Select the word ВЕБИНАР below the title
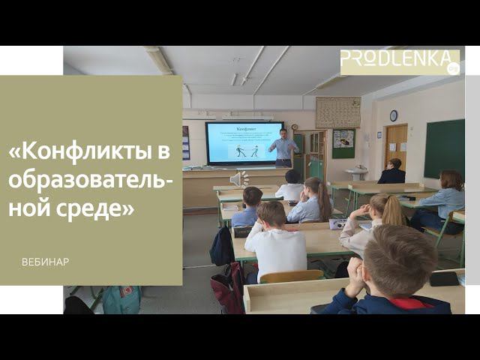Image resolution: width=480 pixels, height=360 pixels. (45, 262)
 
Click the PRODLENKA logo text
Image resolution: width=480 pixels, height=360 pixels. (394, 61)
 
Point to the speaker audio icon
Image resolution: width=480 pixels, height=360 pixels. (238, 178)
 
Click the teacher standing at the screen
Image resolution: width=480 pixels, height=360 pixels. (283, 148)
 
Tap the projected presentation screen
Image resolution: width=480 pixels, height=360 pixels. (244, 142)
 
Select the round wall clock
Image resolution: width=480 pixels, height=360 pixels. (393, 115)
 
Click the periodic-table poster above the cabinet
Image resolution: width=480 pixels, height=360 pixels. (337, 112)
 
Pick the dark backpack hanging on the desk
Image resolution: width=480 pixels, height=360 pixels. (222, 247)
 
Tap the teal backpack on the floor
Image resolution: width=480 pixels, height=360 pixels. (121, 299)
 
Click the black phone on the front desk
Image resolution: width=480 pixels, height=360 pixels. (444, 278)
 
